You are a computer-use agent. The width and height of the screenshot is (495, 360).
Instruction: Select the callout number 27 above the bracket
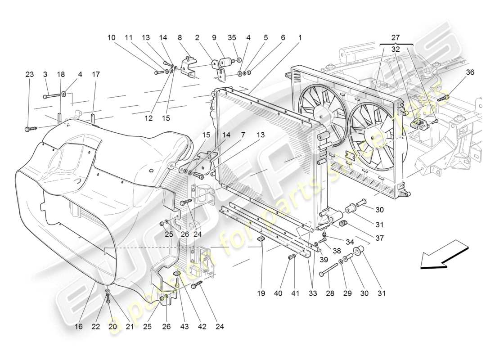[396, 38]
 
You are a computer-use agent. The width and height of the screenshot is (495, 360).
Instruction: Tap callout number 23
[30, 74]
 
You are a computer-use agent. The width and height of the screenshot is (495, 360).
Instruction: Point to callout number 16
[79, 327]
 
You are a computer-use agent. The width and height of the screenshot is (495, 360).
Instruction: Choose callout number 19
[261, 293]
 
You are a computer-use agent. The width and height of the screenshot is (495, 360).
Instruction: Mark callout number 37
[379, 238]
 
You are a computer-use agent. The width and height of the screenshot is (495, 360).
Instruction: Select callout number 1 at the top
[300, 38]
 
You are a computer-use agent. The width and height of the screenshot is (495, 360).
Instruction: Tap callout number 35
[232, 38]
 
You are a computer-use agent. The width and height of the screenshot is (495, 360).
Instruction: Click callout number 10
[112, 38]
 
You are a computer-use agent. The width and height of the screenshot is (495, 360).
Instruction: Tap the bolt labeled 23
[30, 129]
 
